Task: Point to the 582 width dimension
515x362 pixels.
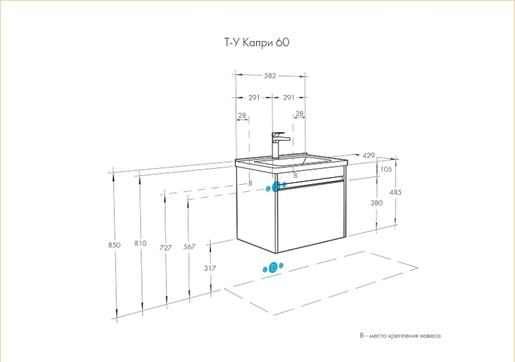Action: click(x=269, y=76)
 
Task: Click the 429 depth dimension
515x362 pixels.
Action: click(x=368, y=156)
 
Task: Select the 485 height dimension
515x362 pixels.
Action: click(x=396, y=192)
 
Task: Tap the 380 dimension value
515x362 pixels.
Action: click(x=376, y=202)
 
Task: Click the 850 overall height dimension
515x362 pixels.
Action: click(x=114, y=245)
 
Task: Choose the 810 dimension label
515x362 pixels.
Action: click(x=140, y=243)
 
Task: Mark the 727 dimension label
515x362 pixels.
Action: click(x=165, y=247)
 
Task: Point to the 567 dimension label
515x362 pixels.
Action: click(x=189, y=247)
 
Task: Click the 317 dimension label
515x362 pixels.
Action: click(x=209, y=268)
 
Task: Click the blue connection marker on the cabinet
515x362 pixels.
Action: click(x=276, y=187)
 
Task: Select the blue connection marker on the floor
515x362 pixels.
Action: click(x=272, y=267)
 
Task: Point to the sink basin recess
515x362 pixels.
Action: click(x=287, y=160)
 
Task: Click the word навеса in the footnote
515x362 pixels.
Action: click(x=430, y=336)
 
